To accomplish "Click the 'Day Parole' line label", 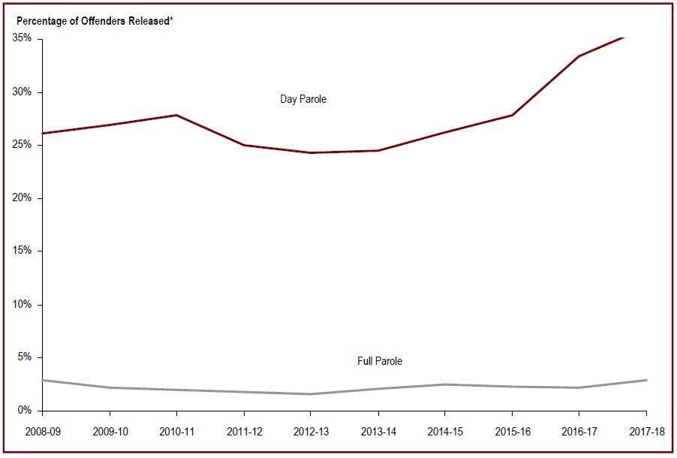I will point(303,99).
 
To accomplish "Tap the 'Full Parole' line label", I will point(380,361).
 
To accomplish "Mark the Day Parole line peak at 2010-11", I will point(176,115).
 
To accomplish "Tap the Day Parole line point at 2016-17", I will point(579,56).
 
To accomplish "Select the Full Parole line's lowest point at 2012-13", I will point(310,394).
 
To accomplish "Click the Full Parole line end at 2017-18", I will point(645,380).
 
